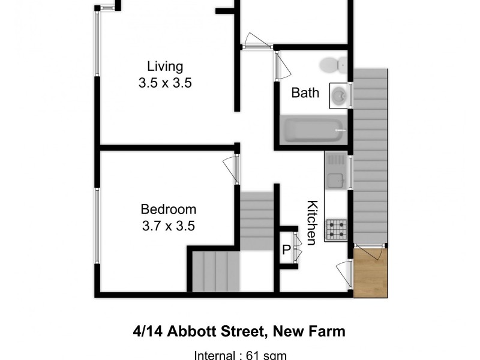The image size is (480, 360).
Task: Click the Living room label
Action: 165,66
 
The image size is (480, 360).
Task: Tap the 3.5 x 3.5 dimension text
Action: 165,83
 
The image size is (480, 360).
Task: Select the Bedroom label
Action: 168,209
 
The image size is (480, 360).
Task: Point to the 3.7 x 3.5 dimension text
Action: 168,226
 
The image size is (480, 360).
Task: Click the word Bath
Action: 305,94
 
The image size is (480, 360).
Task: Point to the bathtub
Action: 312,129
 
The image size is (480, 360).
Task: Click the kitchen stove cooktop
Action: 336,229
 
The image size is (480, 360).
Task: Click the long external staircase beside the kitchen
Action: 370,156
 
